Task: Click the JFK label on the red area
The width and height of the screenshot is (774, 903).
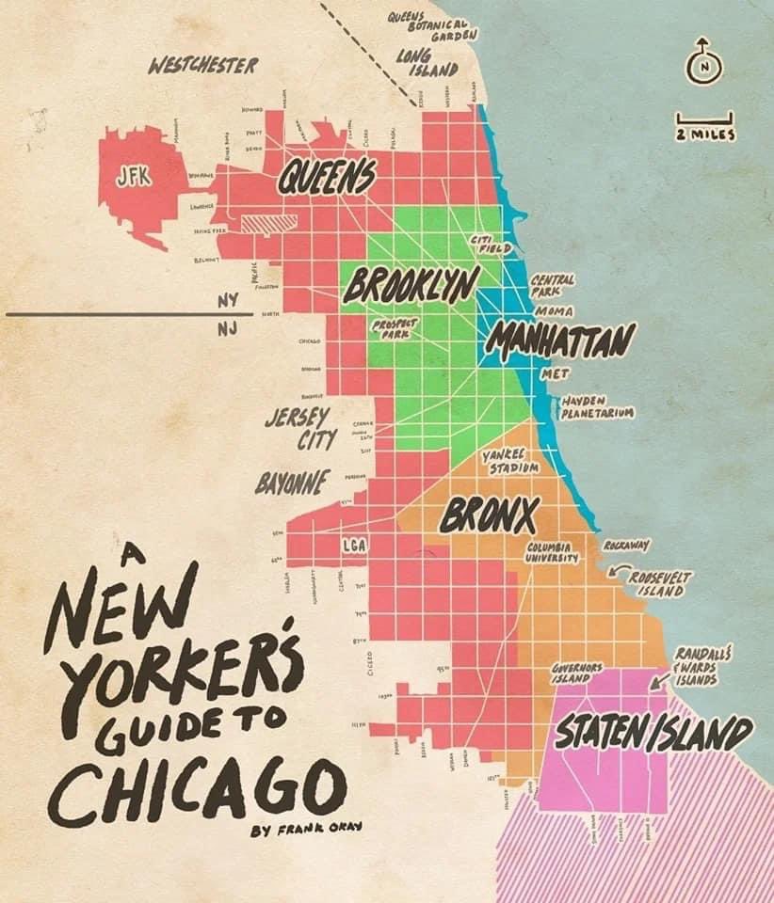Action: click(133, 177)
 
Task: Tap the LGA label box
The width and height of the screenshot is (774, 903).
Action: click(353, 545)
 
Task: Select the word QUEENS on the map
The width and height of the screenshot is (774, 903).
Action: click(326, 176)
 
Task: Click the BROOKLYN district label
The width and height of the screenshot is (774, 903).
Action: click(411, 283)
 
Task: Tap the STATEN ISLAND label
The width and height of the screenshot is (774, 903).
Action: click(653, 734)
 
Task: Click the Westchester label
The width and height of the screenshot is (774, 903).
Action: click(203, 66)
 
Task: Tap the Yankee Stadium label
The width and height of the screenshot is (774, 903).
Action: click(511, 461)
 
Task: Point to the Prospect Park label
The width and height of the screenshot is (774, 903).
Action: click(395, 326)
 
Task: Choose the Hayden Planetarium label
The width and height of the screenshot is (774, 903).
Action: click(597, 406)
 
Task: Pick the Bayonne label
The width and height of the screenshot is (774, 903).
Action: click(291, 483)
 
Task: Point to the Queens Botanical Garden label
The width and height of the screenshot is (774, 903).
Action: click(427, 26)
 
